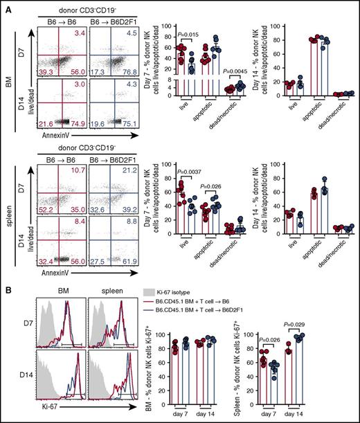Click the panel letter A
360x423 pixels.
[5, 6]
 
